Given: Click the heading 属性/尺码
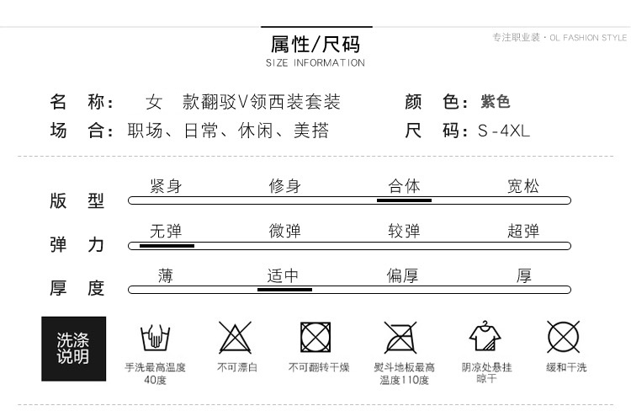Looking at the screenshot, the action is pos(315,43).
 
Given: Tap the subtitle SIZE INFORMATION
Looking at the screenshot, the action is pos(315,63).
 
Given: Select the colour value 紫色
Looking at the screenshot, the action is pos(496,102).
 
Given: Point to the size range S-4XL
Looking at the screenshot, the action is pos(504,131).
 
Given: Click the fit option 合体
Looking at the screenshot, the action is pos(404,186).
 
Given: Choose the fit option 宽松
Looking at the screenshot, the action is pos(523,186).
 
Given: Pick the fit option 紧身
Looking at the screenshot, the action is pos(166,186).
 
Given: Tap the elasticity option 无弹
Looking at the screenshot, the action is pos(166,231).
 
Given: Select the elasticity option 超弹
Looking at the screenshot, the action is pos(523,231).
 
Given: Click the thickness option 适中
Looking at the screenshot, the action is pos(284,275).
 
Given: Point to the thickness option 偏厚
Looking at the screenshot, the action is pos(403,275).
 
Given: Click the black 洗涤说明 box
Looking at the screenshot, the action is pos(74,349).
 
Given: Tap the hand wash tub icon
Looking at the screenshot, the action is pos(156,338).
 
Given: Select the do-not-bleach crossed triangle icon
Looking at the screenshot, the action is pos(236,338).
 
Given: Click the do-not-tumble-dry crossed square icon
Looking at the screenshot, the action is pos(315,338).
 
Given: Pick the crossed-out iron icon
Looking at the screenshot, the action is pos(400,338).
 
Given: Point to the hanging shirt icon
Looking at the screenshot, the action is pos(485,337).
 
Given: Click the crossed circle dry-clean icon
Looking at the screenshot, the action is pos(564,337).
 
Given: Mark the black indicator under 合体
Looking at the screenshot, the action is pos(404,200).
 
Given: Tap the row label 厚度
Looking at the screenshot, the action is pos(77,288).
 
